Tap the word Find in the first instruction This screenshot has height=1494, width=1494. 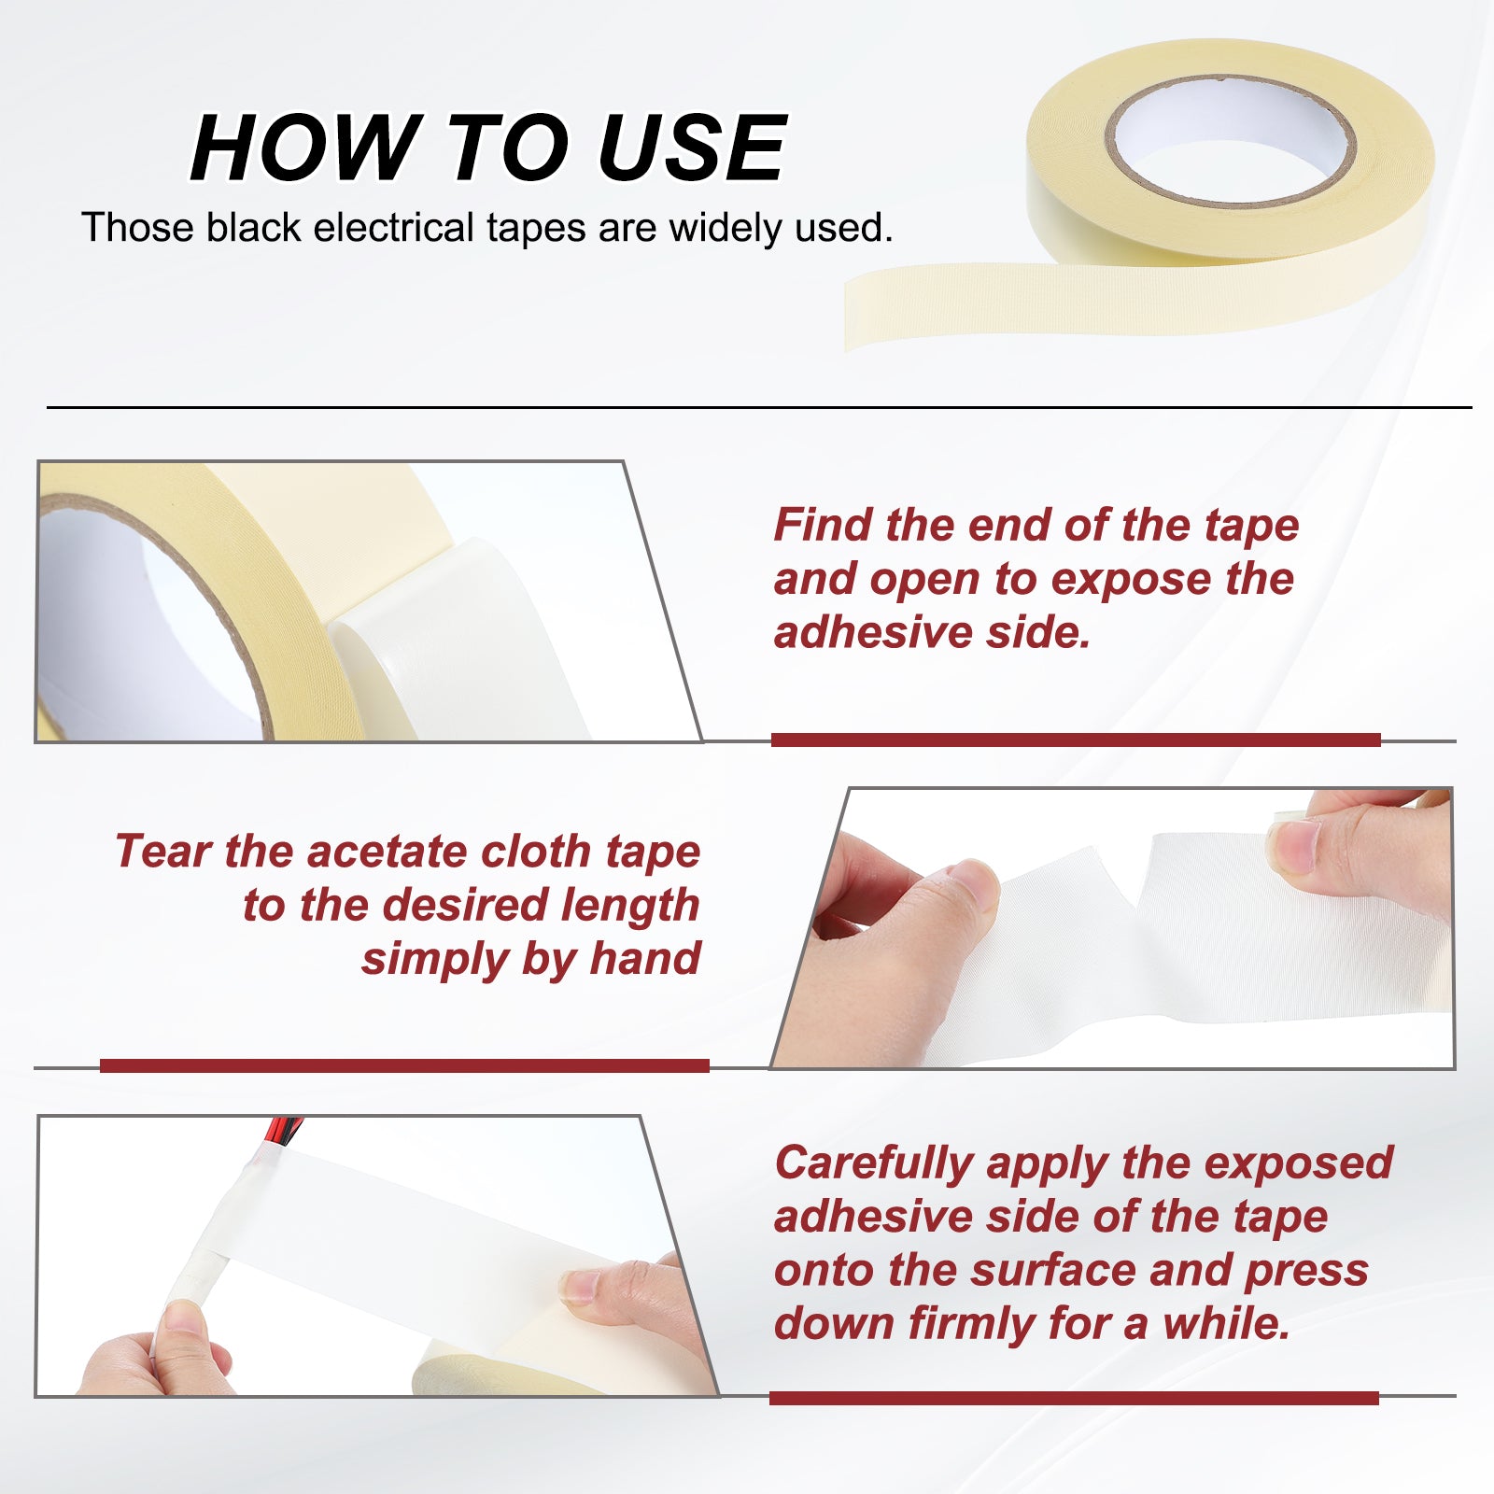823,525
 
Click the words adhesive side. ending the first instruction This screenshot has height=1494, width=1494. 932,633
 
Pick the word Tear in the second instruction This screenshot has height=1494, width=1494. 162,852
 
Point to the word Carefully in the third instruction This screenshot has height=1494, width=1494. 874,1164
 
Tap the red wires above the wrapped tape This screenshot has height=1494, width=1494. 280,1132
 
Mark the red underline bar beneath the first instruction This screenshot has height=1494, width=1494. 1076,740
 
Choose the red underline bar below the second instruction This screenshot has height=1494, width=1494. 404,1065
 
